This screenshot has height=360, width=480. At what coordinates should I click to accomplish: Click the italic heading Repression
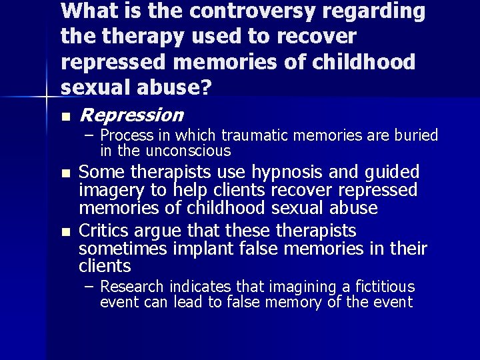131,115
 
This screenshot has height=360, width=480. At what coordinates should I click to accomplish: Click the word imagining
303,287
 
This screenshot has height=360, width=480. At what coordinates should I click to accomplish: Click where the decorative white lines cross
46,98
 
